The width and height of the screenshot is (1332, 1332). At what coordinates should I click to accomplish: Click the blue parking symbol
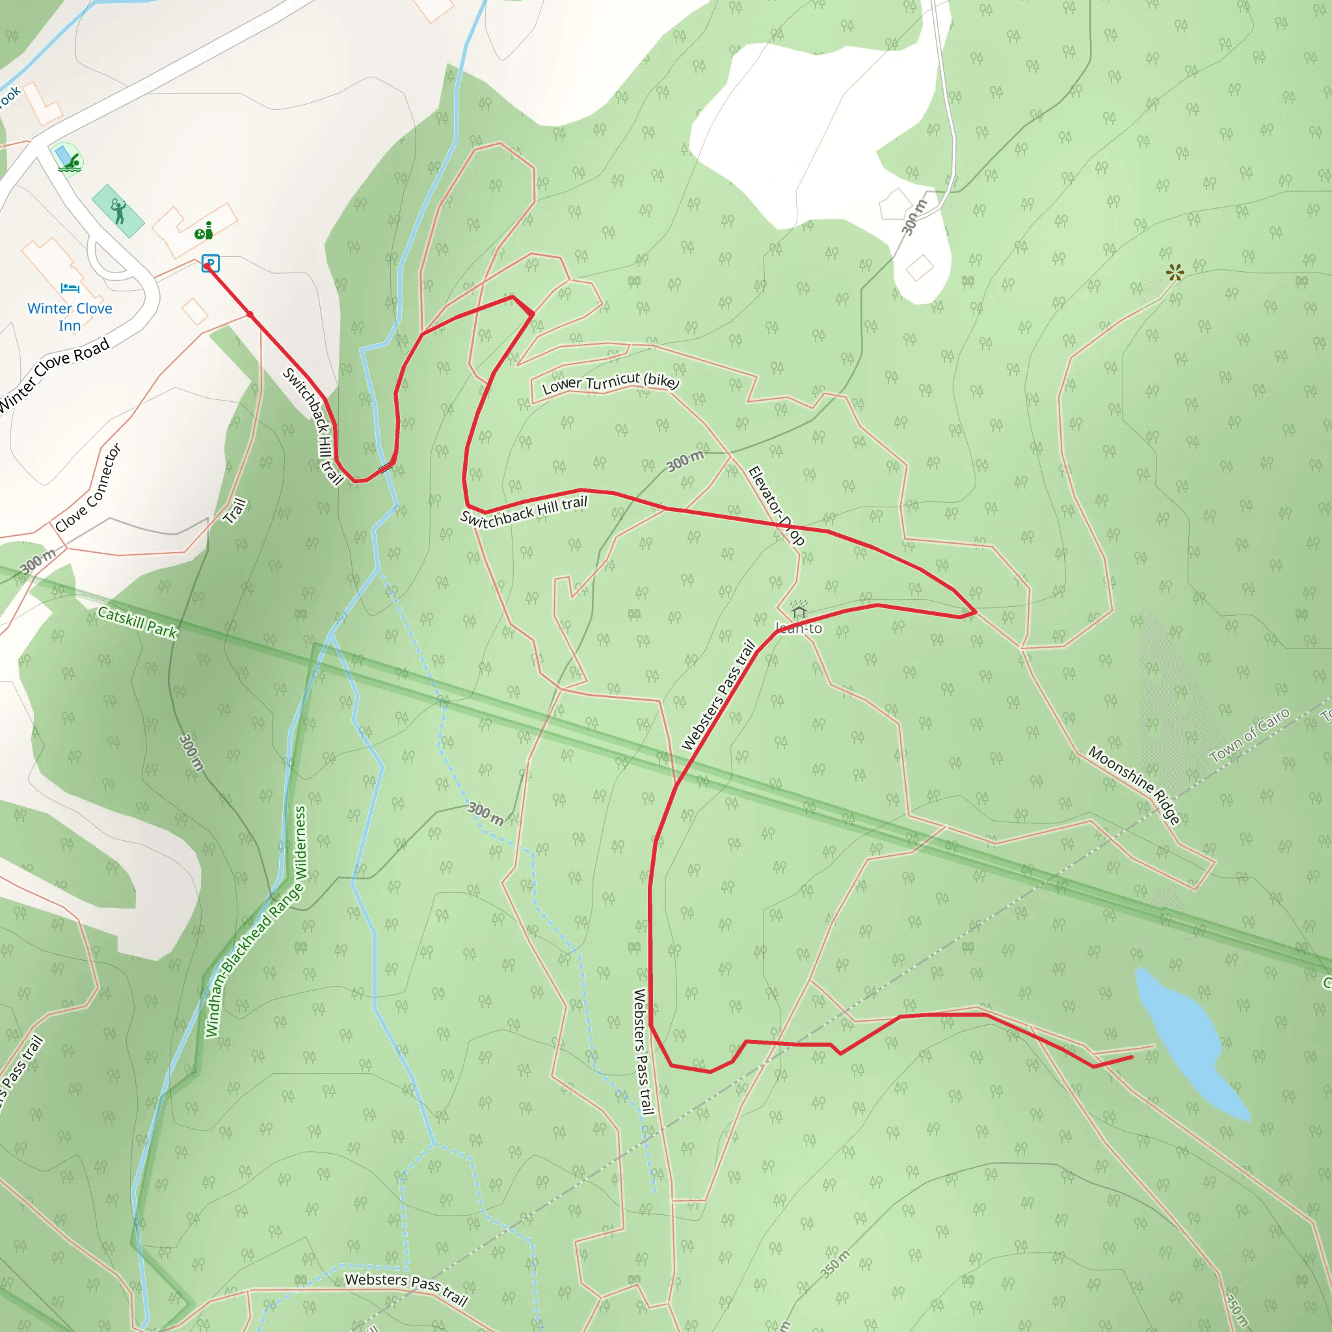(210, 263)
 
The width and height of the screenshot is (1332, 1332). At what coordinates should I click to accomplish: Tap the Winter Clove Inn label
(70, 317)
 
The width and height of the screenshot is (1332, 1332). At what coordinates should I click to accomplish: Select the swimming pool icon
(69, 161)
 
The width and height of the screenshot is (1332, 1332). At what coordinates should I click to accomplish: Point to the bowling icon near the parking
(204, 231)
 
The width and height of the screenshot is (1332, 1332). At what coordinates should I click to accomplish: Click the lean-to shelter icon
(799, 611)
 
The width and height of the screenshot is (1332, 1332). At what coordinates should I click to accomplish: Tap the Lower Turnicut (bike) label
(610, 382)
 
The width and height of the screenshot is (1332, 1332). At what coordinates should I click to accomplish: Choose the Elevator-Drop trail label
(777, 505)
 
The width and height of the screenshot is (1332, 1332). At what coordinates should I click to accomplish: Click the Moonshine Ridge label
(1134, 784)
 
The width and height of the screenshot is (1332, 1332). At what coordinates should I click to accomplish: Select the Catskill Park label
(138, 622)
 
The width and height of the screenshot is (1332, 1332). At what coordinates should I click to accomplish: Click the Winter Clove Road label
(54, 375)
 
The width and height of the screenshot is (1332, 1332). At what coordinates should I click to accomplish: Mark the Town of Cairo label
(1249, 735)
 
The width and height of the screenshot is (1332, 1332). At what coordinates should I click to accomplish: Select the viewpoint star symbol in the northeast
(1175, 273)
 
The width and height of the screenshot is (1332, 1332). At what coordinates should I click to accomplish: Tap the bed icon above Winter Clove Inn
(70, 287)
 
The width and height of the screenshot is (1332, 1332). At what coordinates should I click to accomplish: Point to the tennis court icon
(118, 211)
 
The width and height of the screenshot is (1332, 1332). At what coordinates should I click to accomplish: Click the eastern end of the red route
(1132, 1056)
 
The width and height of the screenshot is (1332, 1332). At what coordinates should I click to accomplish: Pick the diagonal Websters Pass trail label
(719, 695)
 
